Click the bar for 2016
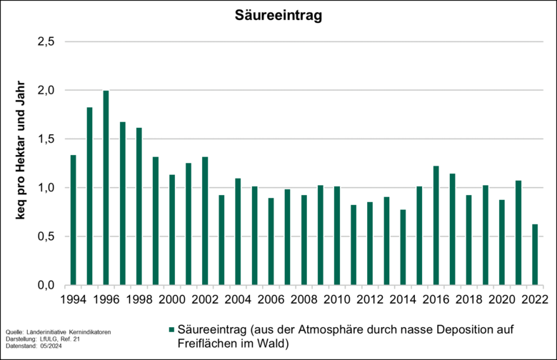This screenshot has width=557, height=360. [436, 226]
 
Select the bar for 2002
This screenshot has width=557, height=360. [205, 221]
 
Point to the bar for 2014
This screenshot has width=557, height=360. [403, 247]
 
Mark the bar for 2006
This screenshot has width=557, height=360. [271, 241]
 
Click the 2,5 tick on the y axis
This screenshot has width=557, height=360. [45, 41]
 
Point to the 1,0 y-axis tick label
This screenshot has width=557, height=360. [45, 188]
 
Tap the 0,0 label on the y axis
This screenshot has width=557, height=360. [45, 286]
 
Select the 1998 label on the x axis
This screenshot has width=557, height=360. [139, 299]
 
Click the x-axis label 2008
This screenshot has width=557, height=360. [304, 299]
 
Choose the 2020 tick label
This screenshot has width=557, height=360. [501, 299]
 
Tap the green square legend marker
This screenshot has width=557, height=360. [171, 329]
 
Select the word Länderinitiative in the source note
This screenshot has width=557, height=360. [49, 333]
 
